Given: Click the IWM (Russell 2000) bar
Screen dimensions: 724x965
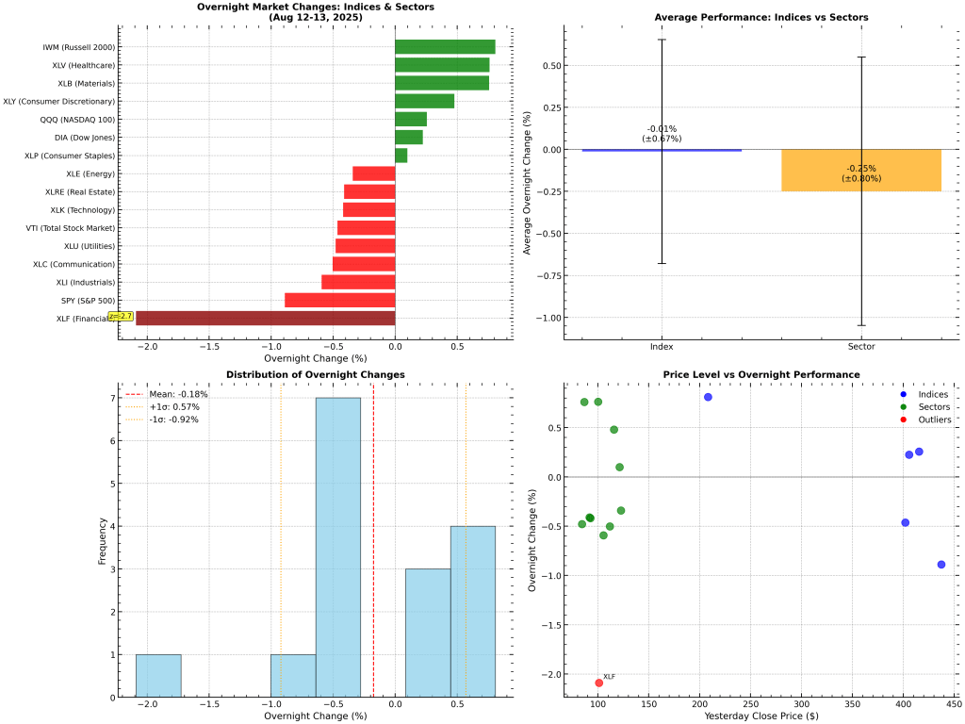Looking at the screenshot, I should [x=444, y=47].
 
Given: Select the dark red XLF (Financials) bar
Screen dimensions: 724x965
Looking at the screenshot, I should [x=265, y=318].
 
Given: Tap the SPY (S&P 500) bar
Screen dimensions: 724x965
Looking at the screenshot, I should [x=339, y=300].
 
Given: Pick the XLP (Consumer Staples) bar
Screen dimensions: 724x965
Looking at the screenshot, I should [x=401, y=156].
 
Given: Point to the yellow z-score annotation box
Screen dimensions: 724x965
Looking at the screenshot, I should [x=121, y=317].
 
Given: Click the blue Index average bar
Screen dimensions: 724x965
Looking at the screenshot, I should [x=662, y=150].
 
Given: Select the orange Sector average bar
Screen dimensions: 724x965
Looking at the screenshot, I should [x=860, y=171].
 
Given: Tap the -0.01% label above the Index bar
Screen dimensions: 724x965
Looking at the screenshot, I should [x=662, y=129].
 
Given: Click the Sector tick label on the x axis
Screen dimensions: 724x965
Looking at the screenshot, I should [x=860, y=348].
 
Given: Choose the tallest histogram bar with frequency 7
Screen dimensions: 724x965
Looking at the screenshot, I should [x=337, y=547].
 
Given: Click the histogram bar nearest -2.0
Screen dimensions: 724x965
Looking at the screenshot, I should [x=158, y=675].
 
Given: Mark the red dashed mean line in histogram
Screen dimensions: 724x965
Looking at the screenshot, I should [x=373, y=566].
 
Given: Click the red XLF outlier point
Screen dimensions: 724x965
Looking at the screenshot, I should [x=598, y=683].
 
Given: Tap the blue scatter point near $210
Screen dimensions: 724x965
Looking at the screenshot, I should [x=708, y=397].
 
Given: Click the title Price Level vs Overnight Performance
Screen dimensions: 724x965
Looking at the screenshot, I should [x=761, y=374].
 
